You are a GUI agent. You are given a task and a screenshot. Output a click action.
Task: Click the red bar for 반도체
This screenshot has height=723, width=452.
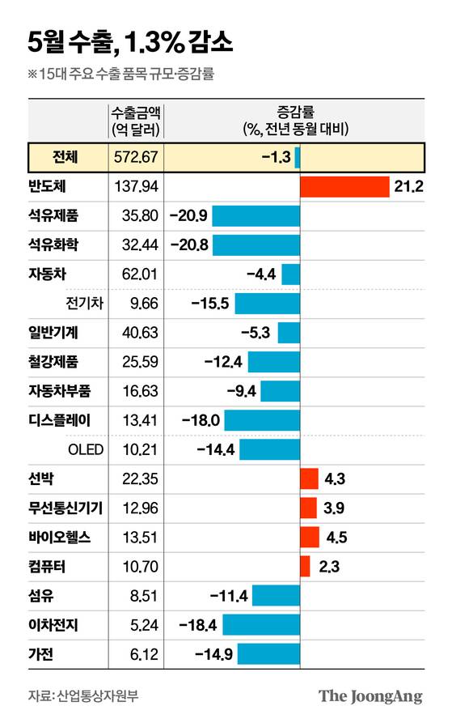click(x=344, y=186)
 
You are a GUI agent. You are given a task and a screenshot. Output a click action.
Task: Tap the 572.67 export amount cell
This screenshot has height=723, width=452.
click(x=136, y=156)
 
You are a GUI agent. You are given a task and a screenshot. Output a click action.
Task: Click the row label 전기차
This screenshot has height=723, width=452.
click(x=84, y=304)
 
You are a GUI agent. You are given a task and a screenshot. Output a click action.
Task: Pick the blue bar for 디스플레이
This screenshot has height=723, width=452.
click(x=261, y=420)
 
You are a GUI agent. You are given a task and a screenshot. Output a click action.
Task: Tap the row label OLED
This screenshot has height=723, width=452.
click(x=85, y=449)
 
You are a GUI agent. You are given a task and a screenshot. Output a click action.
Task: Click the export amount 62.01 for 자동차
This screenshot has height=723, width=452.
click(x=136, y=274)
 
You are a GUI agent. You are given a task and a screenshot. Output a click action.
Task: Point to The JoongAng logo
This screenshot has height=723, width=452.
click(x=370, y=695)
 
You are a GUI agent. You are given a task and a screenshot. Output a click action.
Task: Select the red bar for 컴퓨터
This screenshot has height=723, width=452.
click(x=305, y=566)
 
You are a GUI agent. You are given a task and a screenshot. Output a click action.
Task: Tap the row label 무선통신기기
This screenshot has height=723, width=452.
click(x=61, y=508)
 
